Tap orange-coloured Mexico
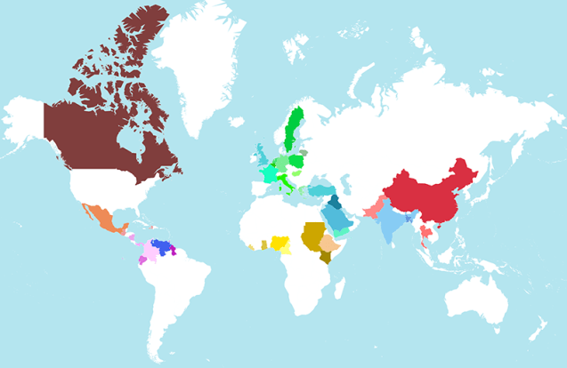97,218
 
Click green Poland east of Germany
296,161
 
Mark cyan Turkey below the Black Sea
321,190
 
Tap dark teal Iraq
334,204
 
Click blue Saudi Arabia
336,219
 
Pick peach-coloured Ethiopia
328,244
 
